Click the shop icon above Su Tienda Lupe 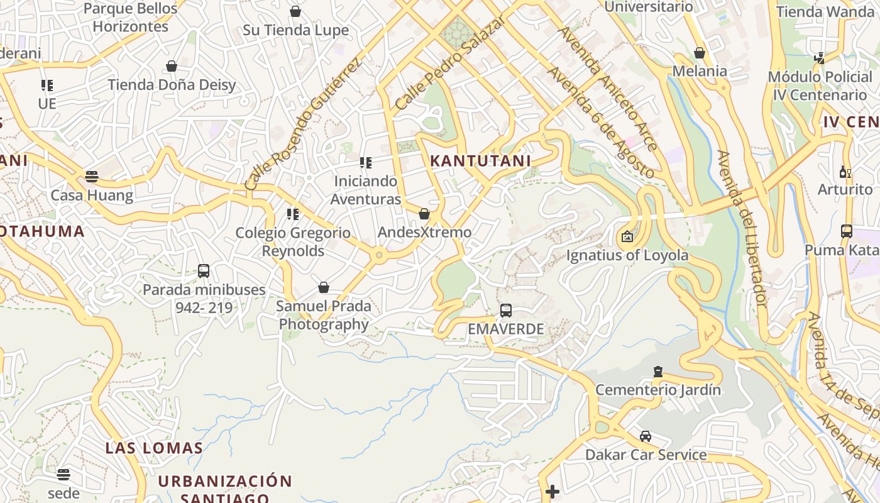tap(295, 11)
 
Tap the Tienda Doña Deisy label tap(172, 85)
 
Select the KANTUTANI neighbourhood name tap(480, 160)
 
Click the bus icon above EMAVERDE tap(505, 310)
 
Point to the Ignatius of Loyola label tap(627, 255)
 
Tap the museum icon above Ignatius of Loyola tap(627, 236)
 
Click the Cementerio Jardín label tap(658, 390)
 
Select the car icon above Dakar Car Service tap(646, 436)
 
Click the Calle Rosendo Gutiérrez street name tap(304, 124)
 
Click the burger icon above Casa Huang tap(92, 177)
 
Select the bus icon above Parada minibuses tap(204, 271)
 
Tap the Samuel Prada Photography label tap(324, 315)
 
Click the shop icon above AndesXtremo tap(424, 214)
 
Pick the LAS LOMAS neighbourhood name tap(154, 448)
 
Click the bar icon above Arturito tap(845, 172)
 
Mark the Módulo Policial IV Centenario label tap(817, 86)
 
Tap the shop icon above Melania tap(699, 53)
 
